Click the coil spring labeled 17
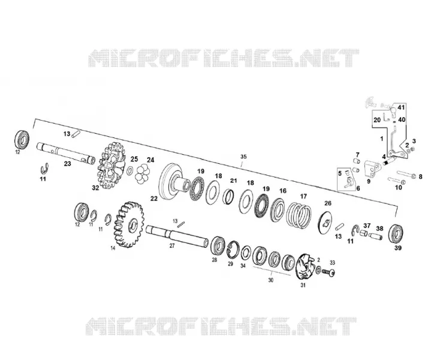299,215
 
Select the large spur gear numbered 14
129,224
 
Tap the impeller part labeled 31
305,266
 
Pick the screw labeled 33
329,272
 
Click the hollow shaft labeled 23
66,153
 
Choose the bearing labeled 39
396,233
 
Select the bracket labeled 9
372,169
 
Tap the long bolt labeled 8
407,174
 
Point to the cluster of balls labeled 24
142,175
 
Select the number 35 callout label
243,157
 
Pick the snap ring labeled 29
233,249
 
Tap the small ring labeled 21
228,196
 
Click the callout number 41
401,107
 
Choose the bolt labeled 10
396,181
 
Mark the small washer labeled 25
130,170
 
